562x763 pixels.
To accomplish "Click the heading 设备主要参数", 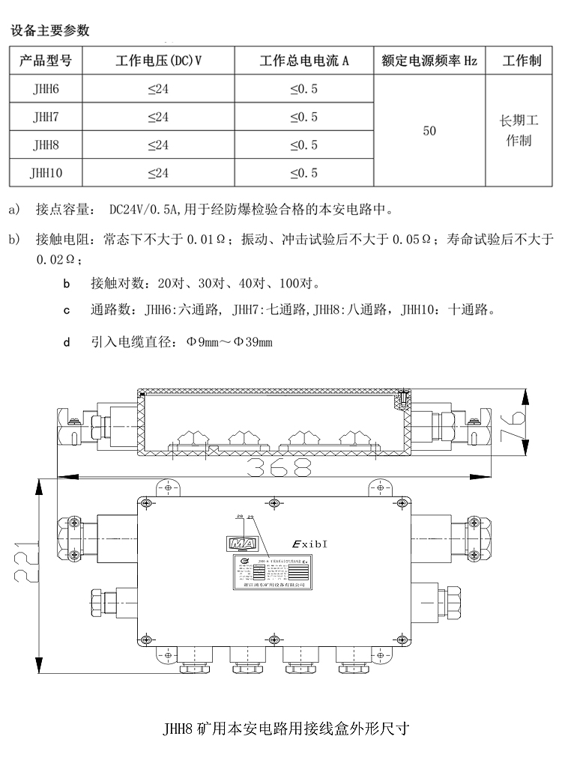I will point(49,31).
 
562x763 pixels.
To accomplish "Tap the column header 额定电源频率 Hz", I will point(429,61).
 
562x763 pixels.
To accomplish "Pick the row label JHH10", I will point(45,173).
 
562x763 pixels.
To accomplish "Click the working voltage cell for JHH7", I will point(158,117).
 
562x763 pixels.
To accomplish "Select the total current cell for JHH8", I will point(303,145).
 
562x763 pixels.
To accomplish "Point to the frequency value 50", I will point(429,131).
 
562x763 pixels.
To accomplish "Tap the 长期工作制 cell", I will point(519,130).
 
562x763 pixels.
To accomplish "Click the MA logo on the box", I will point(242,544).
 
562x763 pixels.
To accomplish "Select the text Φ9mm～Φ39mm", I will point(229,342).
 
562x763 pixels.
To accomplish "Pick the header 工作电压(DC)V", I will point(158,61).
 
